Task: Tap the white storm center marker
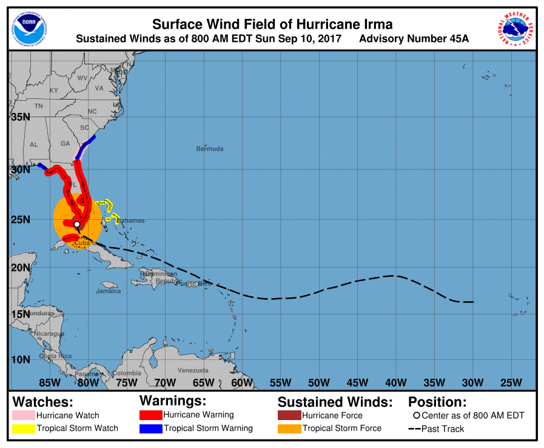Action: [77, 225]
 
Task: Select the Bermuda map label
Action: [209, 149]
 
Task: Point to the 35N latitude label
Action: [20, 117]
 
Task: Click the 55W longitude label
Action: [280, 382]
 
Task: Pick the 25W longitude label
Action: [511, 382]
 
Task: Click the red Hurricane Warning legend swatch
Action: [150, 415]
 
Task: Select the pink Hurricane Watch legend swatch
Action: [23, 416]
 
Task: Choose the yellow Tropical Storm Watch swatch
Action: [23, 429]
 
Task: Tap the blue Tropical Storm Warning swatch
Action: [150, 429]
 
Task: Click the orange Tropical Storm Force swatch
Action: [289, 429]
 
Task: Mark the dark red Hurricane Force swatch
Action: [289, 416]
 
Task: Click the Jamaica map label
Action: [108, 291]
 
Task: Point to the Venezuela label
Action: [193, 370]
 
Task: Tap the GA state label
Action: [65, 144]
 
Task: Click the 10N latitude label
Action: [20, 359]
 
